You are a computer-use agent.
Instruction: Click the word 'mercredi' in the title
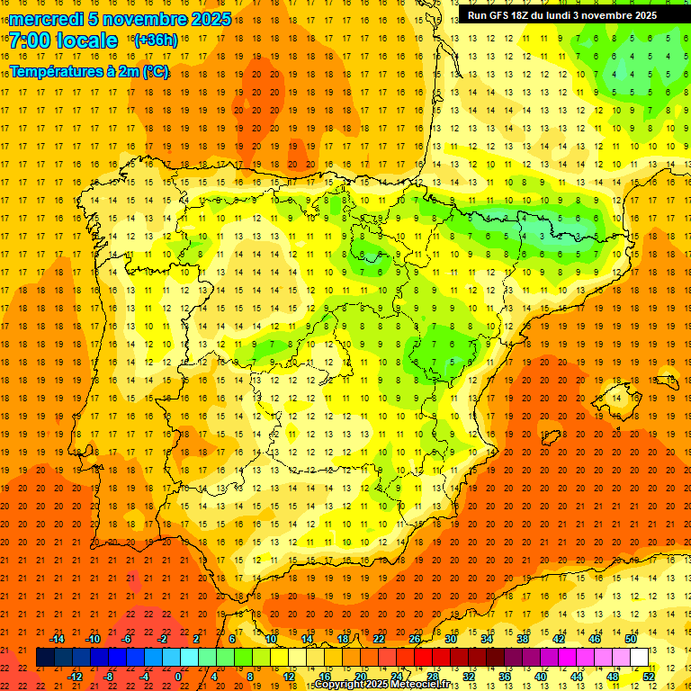46,19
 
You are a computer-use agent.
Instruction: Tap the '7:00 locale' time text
63,40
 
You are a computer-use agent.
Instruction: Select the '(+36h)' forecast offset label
156,40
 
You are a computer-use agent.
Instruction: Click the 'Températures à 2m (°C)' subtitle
89,71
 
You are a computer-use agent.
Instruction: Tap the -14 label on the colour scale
58,639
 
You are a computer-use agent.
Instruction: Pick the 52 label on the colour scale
649,677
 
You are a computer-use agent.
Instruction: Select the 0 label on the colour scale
178,677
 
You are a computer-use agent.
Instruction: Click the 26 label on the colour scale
415,639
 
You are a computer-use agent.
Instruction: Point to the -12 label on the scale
76,677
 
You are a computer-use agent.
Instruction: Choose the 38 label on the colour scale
522,639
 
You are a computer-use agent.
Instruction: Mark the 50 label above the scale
631,639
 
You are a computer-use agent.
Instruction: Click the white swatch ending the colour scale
639,658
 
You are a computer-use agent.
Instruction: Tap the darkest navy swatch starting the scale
45,658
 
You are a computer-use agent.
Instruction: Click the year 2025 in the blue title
211,19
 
